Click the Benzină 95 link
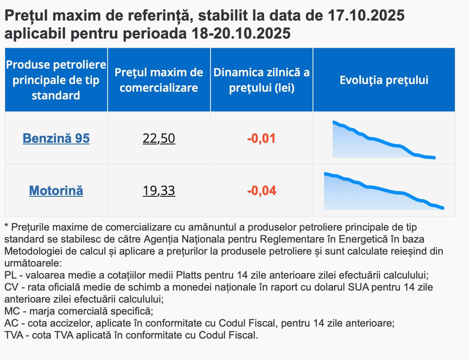pyautogui.click(x=56, y=138)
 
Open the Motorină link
pyautogui.click(x=56, y=190)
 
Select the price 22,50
pyautogui.click(x=159, y=138)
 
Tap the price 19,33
pyautogui.click(x=159, y=190)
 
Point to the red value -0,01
pyautogui.click(x=261, y=138)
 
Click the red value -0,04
pyautogui.click(x=261, y=190)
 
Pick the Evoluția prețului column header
pyautogui.click(x=384, y=80)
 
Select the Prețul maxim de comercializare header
pyautogui.click(x=159, y=80)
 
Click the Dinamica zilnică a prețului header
pyautogui.click(x=261, y=80)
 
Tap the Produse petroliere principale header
pyautogui.click(x=56, y=80)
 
